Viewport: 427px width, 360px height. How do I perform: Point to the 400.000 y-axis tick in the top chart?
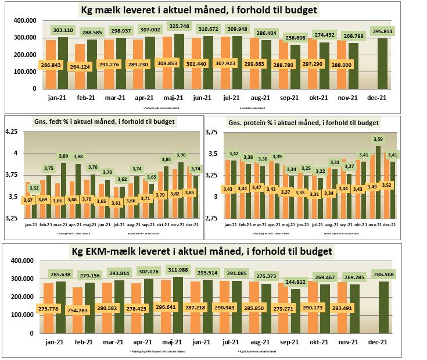(x=23, y=20)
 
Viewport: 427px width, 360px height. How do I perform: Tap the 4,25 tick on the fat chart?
(x=12, y=131)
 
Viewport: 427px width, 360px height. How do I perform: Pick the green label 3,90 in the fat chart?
(x=181, y=155)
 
